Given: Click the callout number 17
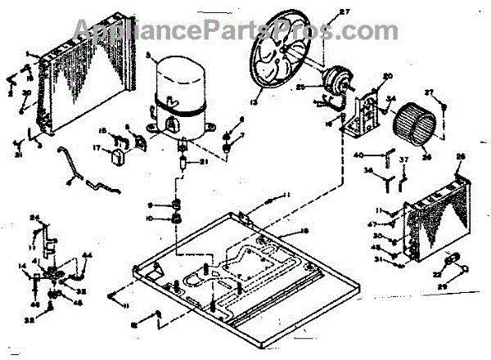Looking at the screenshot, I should pyautogui.click(x=96, y=148).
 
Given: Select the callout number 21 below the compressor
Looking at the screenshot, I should pyautogui.click(x=204, y=161).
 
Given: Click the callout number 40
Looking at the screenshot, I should pyautogui.click(x=359, y=155).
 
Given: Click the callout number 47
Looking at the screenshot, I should pyautogui.click(x=393, y=224).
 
